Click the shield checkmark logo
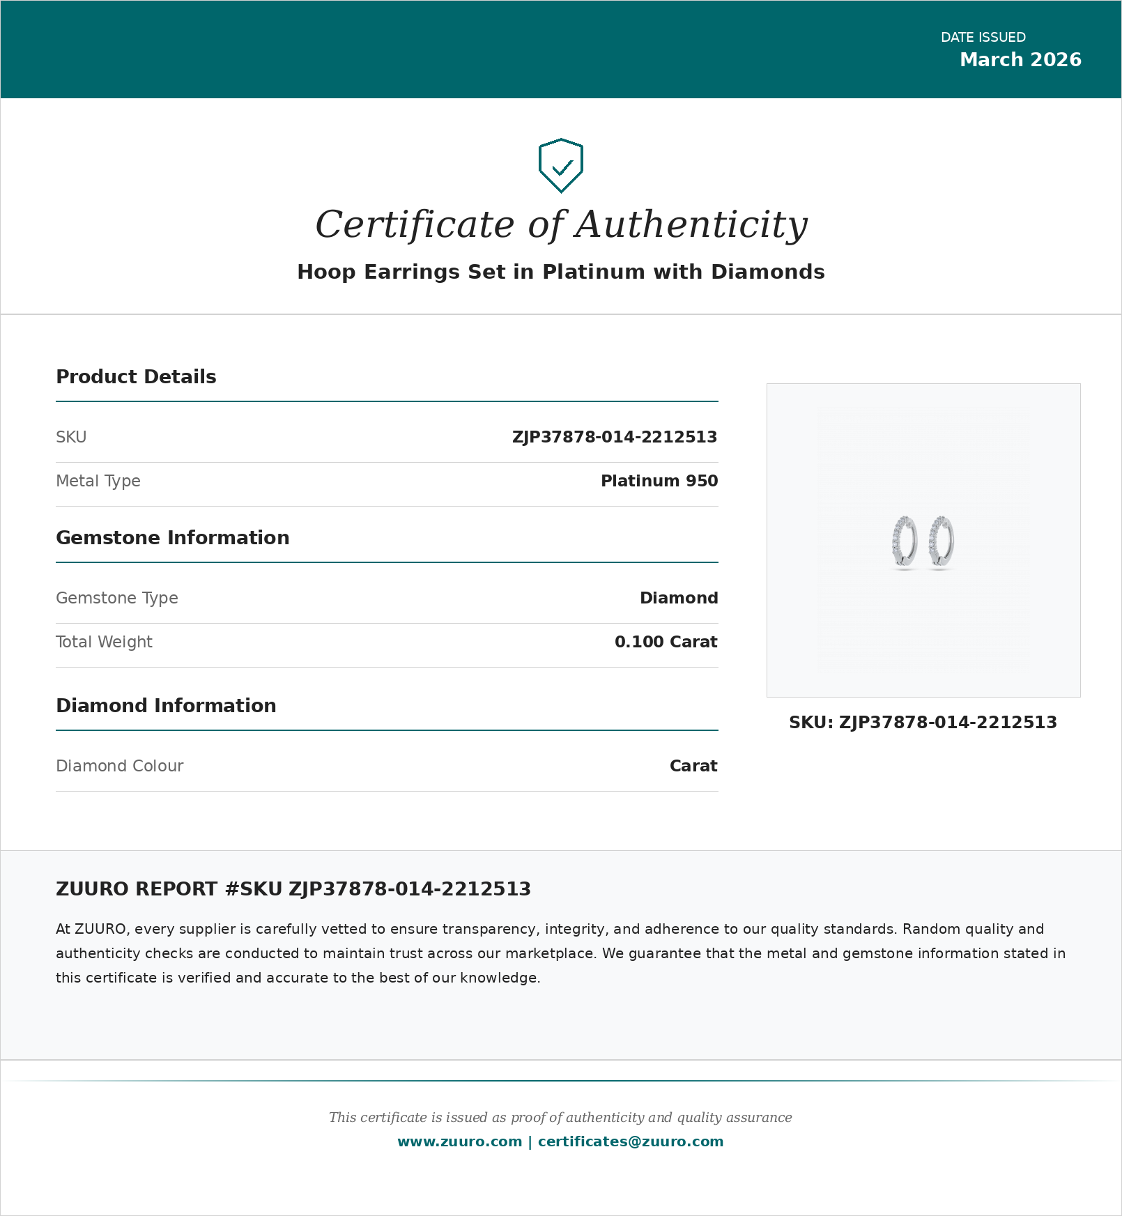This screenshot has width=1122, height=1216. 561,166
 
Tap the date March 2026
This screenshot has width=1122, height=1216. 1020,60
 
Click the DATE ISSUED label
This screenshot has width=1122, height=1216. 983,38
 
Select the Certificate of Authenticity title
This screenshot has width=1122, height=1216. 561,224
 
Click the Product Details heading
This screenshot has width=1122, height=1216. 136,377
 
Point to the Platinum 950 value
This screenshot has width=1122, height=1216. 659,481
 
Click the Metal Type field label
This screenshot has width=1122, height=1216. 98,481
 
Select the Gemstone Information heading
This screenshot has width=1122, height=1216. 172,538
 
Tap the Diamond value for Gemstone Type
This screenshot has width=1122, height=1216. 679,598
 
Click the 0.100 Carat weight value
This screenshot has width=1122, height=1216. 666,642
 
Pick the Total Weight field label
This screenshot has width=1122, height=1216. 104,642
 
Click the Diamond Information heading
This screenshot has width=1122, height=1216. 166,706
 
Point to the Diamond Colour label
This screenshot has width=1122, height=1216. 119,766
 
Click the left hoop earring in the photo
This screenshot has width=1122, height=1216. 905,541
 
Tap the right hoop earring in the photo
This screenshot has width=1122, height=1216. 942,541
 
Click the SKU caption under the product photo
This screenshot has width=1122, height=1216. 923,723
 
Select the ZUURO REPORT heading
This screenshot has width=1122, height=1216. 293,889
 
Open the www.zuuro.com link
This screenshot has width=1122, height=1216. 459,1141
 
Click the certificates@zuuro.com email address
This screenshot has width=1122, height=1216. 631,1141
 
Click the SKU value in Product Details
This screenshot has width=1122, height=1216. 614,437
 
